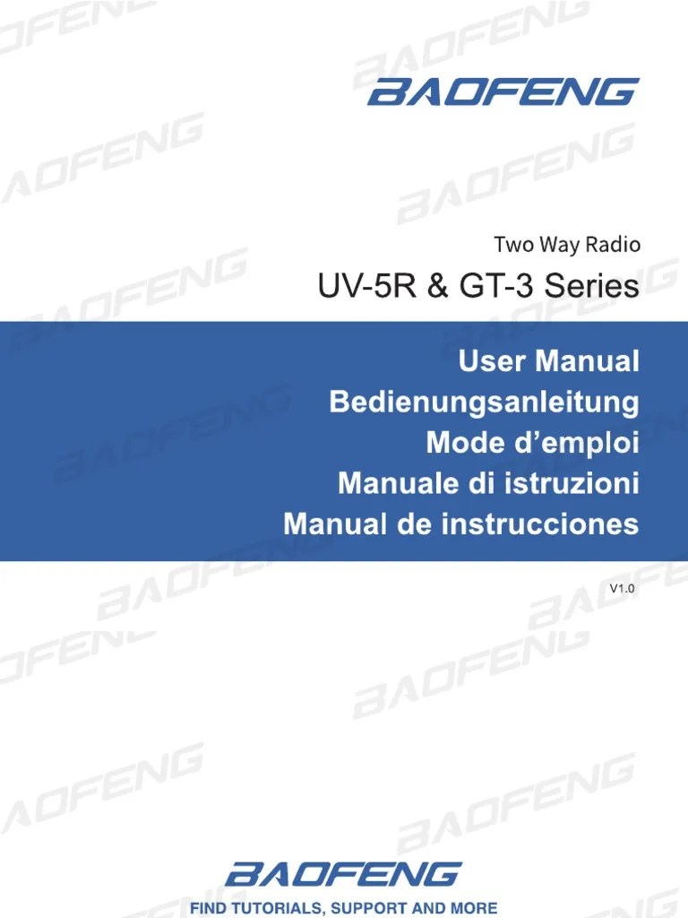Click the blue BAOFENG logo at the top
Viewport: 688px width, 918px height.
point(503,92)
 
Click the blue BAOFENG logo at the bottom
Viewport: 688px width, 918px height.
point(344,874)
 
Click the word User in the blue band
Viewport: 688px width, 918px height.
point(489,362)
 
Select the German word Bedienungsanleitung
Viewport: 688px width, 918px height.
point(484,403)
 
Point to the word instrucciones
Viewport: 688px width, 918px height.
point(539,524)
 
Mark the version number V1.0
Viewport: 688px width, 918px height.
point(622,589)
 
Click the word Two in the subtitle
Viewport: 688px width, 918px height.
point(511,244)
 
